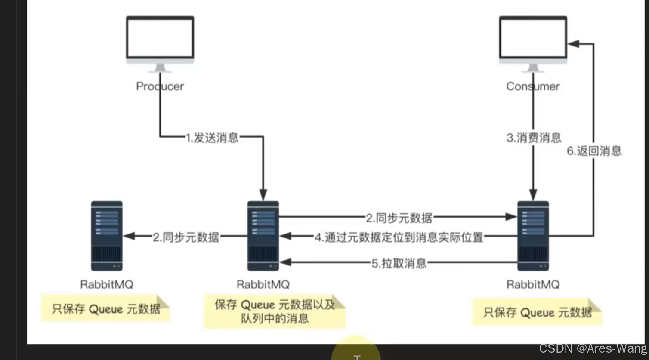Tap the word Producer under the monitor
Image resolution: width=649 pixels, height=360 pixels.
(x=160, y=86)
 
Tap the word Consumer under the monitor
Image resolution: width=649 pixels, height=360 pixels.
(x=533, y=86)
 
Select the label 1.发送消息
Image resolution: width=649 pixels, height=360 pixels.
(x=212, y=138)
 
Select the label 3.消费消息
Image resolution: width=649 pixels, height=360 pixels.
(x=534, y=138)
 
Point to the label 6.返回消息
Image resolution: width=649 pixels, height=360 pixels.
(x=594, y=151)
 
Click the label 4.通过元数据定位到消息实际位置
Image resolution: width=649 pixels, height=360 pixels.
(x=399, y=237)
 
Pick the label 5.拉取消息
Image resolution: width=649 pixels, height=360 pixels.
(x=399, y=263)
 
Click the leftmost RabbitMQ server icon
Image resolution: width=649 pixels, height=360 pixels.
(x=107, y=236)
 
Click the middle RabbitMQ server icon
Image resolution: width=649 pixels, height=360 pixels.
(x=263, y=236)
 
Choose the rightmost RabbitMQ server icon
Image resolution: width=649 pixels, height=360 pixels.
(x=533, y=236)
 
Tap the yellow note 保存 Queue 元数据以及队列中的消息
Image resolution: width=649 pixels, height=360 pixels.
(x=274, y=311)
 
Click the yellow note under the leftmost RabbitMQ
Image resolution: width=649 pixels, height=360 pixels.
(x=105, y=308)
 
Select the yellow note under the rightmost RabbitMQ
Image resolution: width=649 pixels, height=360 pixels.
(x=537, y=312)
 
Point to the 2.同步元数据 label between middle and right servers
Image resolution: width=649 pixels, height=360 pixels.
(x=399, y=218)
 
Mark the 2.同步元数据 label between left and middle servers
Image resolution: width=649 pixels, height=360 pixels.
(x=186, y=237)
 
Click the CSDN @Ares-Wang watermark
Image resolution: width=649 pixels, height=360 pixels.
(x=593, y=348)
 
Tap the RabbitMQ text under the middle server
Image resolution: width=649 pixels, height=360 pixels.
(x=263, y=285)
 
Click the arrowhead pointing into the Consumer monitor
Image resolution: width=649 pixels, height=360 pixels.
(x=573, y=43)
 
